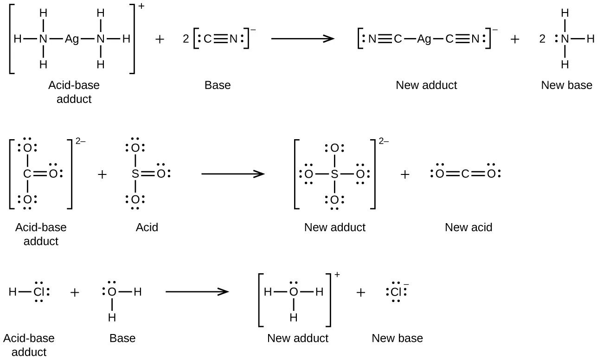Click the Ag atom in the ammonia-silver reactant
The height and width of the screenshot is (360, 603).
click(x=72, y=39)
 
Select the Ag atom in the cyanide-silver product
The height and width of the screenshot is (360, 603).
click(x=424, y=39)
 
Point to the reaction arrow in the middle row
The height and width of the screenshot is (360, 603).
click(x=232, y=174)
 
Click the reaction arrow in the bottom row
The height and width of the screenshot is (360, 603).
click(x=197, y=292)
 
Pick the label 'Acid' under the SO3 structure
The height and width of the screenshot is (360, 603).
click(x=147, y=227)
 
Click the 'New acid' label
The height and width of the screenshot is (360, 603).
click(x=468, y=227)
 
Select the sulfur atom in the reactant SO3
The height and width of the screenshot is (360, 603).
click(x=135, y=174)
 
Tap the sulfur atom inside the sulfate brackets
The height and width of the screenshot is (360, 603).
click(x=334, y=174)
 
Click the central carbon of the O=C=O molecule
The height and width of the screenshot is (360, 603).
click(x=465, y=174)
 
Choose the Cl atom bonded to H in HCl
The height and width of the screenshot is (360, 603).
click(x=38, y=292)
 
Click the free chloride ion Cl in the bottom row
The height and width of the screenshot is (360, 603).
click(x=396, y=292)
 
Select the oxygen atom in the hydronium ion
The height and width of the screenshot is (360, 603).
click(x=293, y=292)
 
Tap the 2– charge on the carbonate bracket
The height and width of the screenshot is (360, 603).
click(x=80, y=142)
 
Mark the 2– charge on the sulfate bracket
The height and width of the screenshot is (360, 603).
click(x=383, y=142)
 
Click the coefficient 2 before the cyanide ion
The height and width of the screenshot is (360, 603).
click(x=186, y=39)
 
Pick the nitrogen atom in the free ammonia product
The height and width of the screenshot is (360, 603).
click(x=565, y=39)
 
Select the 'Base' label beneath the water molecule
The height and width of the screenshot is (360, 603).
click(x=122, y=338)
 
